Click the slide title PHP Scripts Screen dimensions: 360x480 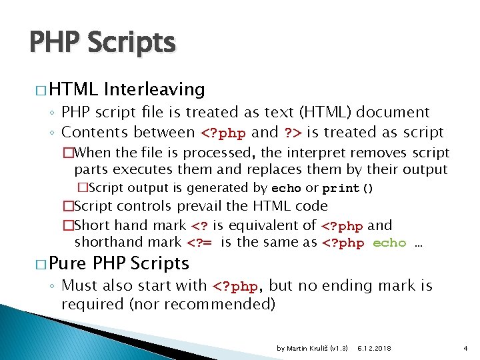coord(102,43)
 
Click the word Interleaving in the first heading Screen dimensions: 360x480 coord(154,89)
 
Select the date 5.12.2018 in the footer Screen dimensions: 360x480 coord(374,349)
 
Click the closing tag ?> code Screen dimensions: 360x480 coord(293,133)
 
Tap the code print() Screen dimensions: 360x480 coord(348,188)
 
